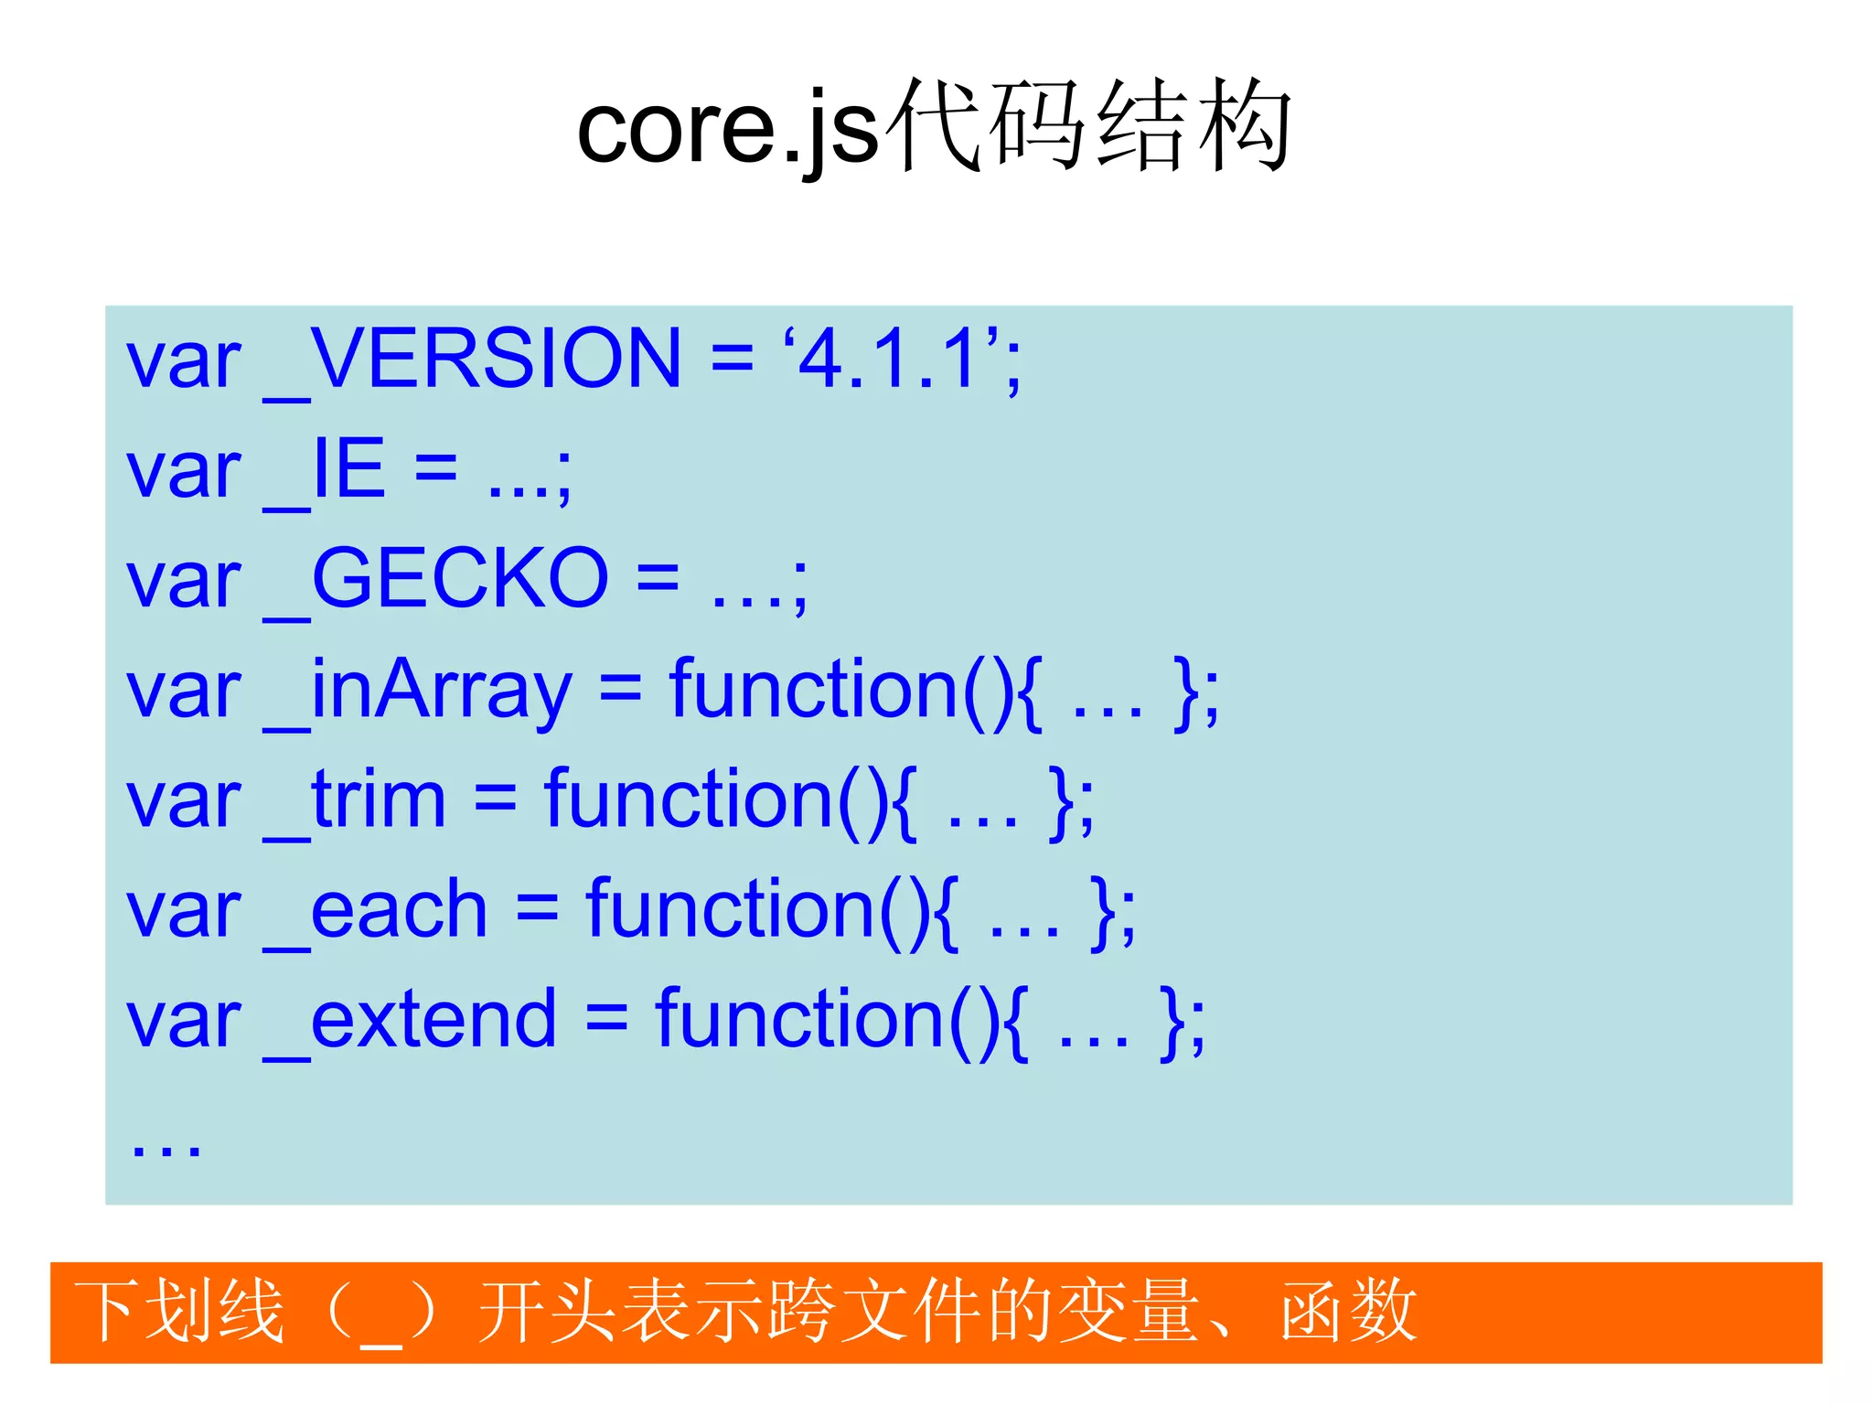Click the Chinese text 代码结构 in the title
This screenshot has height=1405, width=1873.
coord(1088,126)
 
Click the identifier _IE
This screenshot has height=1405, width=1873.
coord(325,470)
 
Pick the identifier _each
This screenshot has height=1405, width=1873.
coord(376,910)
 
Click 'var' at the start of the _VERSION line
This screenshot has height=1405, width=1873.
coord(183,362)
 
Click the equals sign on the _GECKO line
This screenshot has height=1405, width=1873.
coord(658,580)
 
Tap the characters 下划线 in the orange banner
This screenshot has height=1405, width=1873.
coord(179,1312)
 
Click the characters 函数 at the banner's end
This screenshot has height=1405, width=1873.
coord(1348,1312)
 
